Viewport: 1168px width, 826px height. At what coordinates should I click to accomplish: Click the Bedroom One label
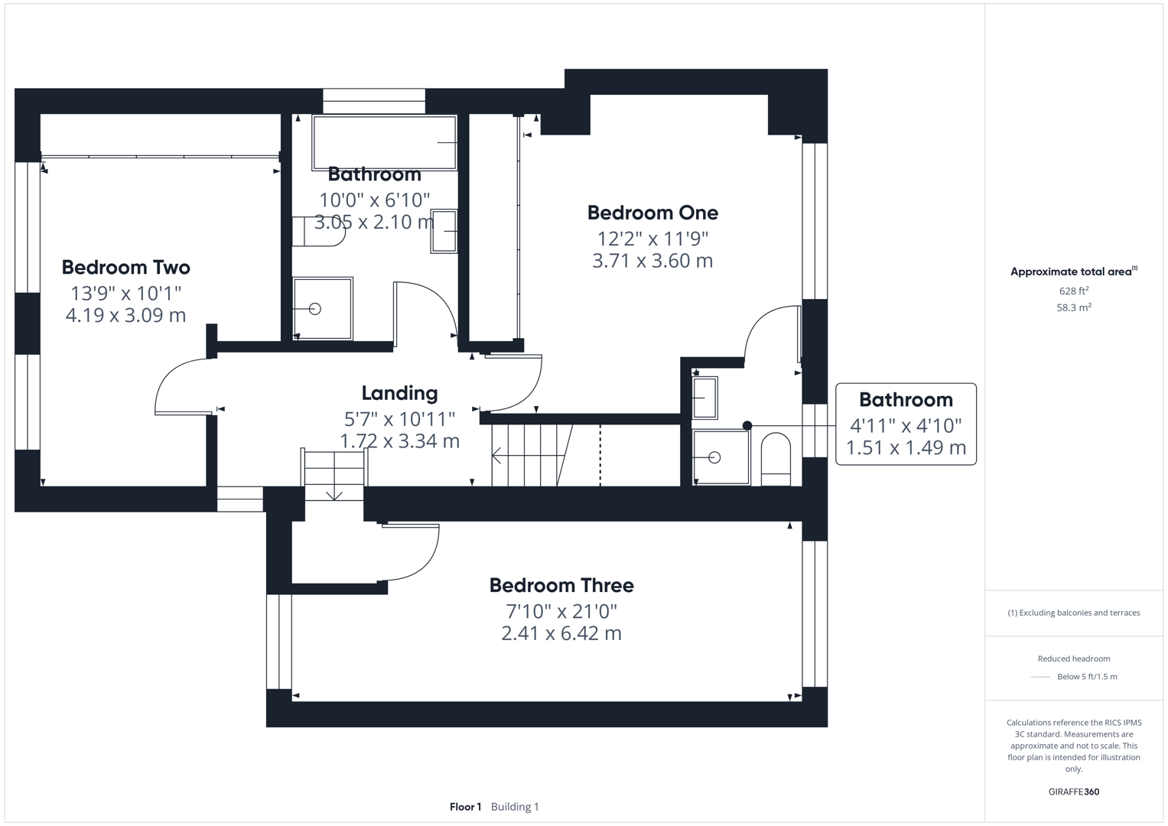click(652, 213)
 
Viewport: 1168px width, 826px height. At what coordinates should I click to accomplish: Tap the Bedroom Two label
click(125, 268)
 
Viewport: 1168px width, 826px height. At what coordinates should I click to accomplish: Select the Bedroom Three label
click(561, 586)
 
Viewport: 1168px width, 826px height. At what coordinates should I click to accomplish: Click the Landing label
click(399, 393)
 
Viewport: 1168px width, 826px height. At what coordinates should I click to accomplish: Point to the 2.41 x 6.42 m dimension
click(561, 633)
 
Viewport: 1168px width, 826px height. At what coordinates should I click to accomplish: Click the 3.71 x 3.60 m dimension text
click(652, 261)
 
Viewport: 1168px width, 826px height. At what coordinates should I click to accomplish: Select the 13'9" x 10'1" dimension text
click(125, 293)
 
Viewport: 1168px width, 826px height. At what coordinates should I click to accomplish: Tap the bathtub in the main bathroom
click(384, 143)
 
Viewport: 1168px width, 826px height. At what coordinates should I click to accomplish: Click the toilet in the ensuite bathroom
click(776, 459)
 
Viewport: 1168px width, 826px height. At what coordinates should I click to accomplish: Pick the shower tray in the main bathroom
click(322, 309)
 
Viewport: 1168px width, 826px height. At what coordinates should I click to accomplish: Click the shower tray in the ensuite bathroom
click(721, 457)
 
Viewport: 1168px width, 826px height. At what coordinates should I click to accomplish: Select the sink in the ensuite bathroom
click(704, 398)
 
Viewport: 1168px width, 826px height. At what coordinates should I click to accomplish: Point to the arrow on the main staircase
click(497, 457)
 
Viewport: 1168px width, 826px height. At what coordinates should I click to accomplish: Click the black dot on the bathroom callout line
click(747, 426)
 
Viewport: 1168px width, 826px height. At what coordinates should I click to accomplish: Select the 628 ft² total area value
click(1073, 291)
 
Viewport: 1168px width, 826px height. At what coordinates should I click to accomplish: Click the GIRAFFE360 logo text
click(1073, 792)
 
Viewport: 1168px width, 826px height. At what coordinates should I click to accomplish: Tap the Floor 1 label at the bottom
click(465, 807)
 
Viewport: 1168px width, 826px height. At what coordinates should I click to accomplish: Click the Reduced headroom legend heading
click(1073, 659)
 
